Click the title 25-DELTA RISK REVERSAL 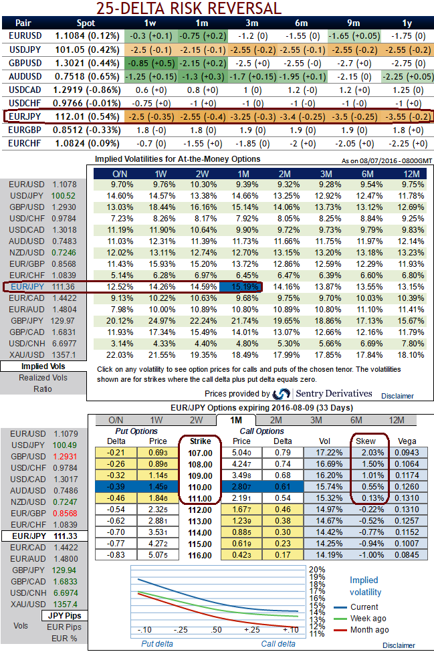coord(189,9)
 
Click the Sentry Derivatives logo coord(282,394)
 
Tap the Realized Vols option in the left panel coord(43,378)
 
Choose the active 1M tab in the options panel coord(235,420)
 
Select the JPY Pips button coord(65,615)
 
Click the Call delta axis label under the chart coord(278,643)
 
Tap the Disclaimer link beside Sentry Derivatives coord(397,396)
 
